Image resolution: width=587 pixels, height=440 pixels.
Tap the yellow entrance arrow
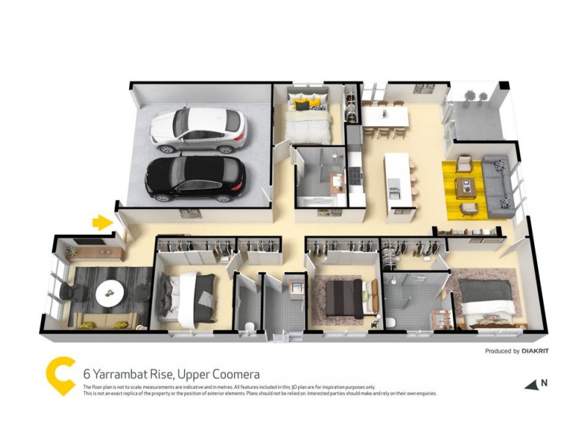point(101,221)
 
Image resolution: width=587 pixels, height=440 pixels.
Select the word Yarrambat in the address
point(123,374)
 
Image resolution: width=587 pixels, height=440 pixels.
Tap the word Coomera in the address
point(239,374)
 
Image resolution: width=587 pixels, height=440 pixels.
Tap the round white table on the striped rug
point(110,293)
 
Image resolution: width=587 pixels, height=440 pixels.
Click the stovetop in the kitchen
point(356,175)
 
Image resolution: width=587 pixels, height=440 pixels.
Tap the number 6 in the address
point(87,374)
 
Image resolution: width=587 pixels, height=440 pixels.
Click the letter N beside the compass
point(544,382)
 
